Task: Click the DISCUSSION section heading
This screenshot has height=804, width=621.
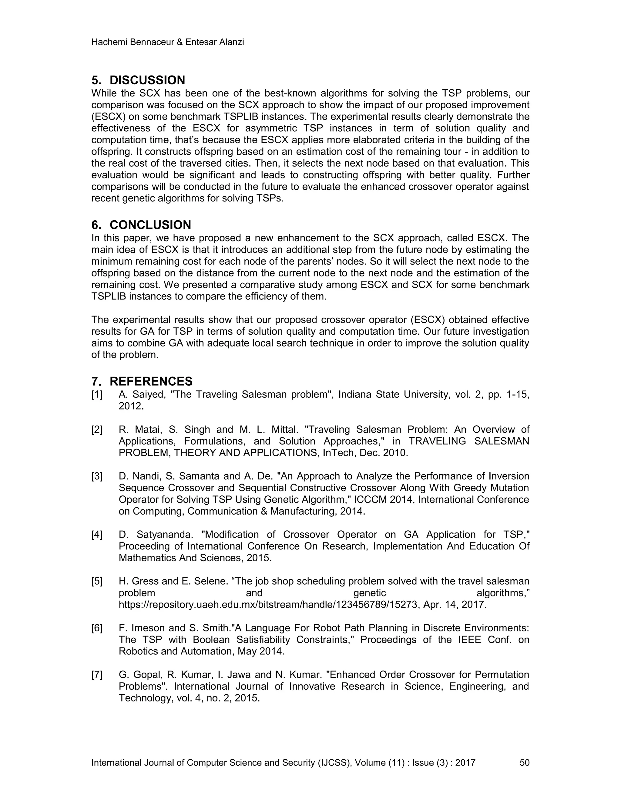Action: [147, 80]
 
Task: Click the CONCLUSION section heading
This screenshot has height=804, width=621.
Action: [150, 225]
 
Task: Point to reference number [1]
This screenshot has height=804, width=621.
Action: [97, 395]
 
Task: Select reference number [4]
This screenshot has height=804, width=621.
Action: [97, 535]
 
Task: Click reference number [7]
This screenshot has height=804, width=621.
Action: [97, 674]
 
